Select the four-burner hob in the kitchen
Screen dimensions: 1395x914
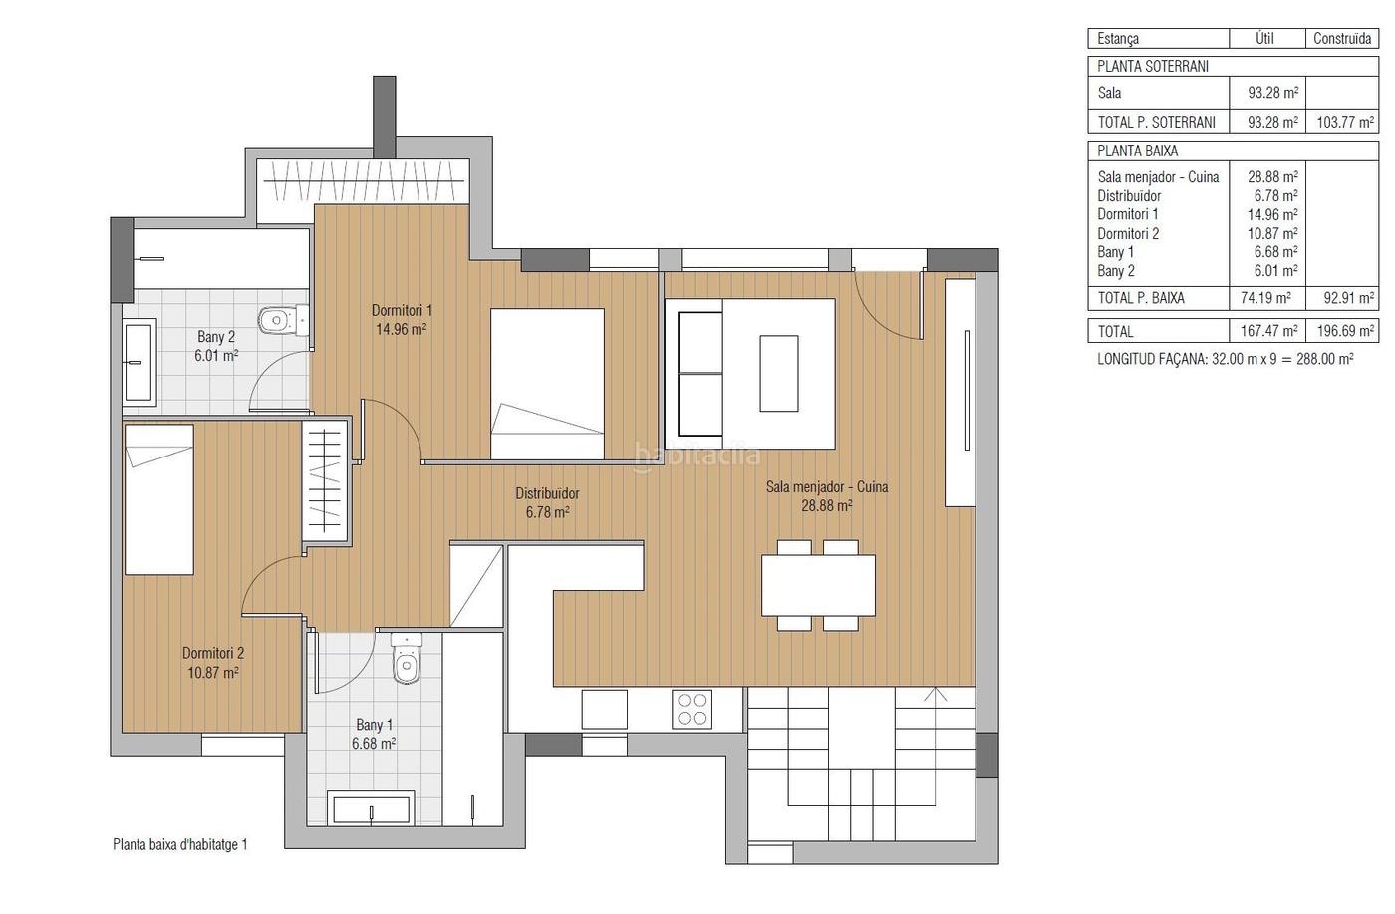(x=692, y=709)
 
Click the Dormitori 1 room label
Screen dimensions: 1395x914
(x=402, y=320)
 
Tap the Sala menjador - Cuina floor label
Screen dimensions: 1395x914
(x=827, y=496)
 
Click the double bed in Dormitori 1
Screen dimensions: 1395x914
(x=547, y=385)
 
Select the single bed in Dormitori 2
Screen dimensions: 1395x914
(x=158, y=499)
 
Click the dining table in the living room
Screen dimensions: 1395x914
(x=818, y=585)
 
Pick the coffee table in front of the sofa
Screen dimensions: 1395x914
(x=779, y=373)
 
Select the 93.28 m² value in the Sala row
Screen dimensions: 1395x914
(x=1273, y=93)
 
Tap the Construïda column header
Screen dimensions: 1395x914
(x=1342, y=39)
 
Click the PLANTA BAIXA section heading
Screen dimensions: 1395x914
(x=1137, y=152)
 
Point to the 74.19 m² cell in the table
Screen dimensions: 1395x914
(x=1265, y=298)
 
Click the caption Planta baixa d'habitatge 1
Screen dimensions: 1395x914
(x=180, y=845)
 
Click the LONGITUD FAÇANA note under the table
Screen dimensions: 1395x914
(x=1225, y=359)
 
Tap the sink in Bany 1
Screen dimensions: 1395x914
(x=371, y=809)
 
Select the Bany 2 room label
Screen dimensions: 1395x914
(x=216, y=347)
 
